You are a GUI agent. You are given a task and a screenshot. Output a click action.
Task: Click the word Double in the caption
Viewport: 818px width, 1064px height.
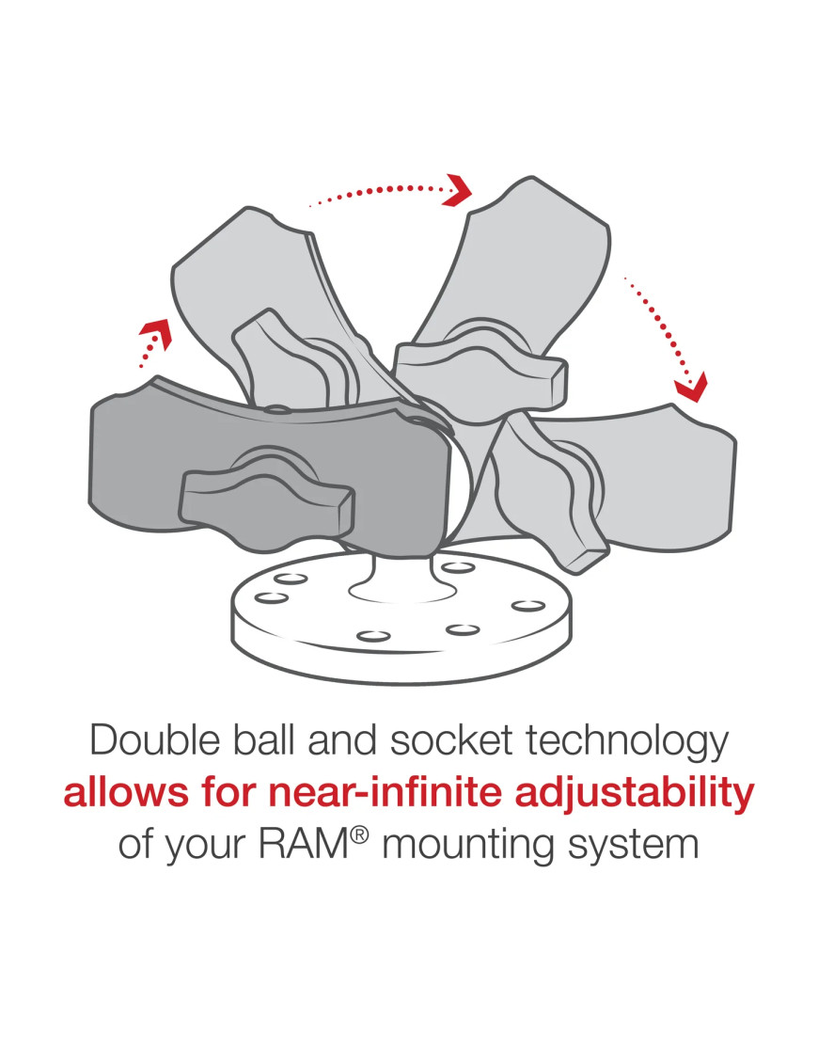tap(156, 740)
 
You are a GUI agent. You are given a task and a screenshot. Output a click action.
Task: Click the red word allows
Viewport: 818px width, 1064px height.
tap(126, 792)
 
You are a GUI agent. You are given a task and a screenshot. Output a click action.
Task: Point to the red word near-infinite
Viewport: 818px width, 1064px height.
tap(353, 792)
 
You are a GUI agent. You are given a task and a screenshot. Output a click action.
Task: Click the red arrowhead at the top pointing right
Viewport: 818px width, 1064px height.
tap(459, 189)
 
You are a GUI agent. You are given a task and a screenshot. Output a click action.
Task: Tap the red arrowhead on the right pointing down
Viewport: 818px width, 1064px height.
tap(691, 387)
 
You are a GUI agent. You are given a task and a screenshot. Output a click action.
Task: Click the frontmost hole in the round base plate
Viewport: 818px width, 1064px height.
tap(373, 636)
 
